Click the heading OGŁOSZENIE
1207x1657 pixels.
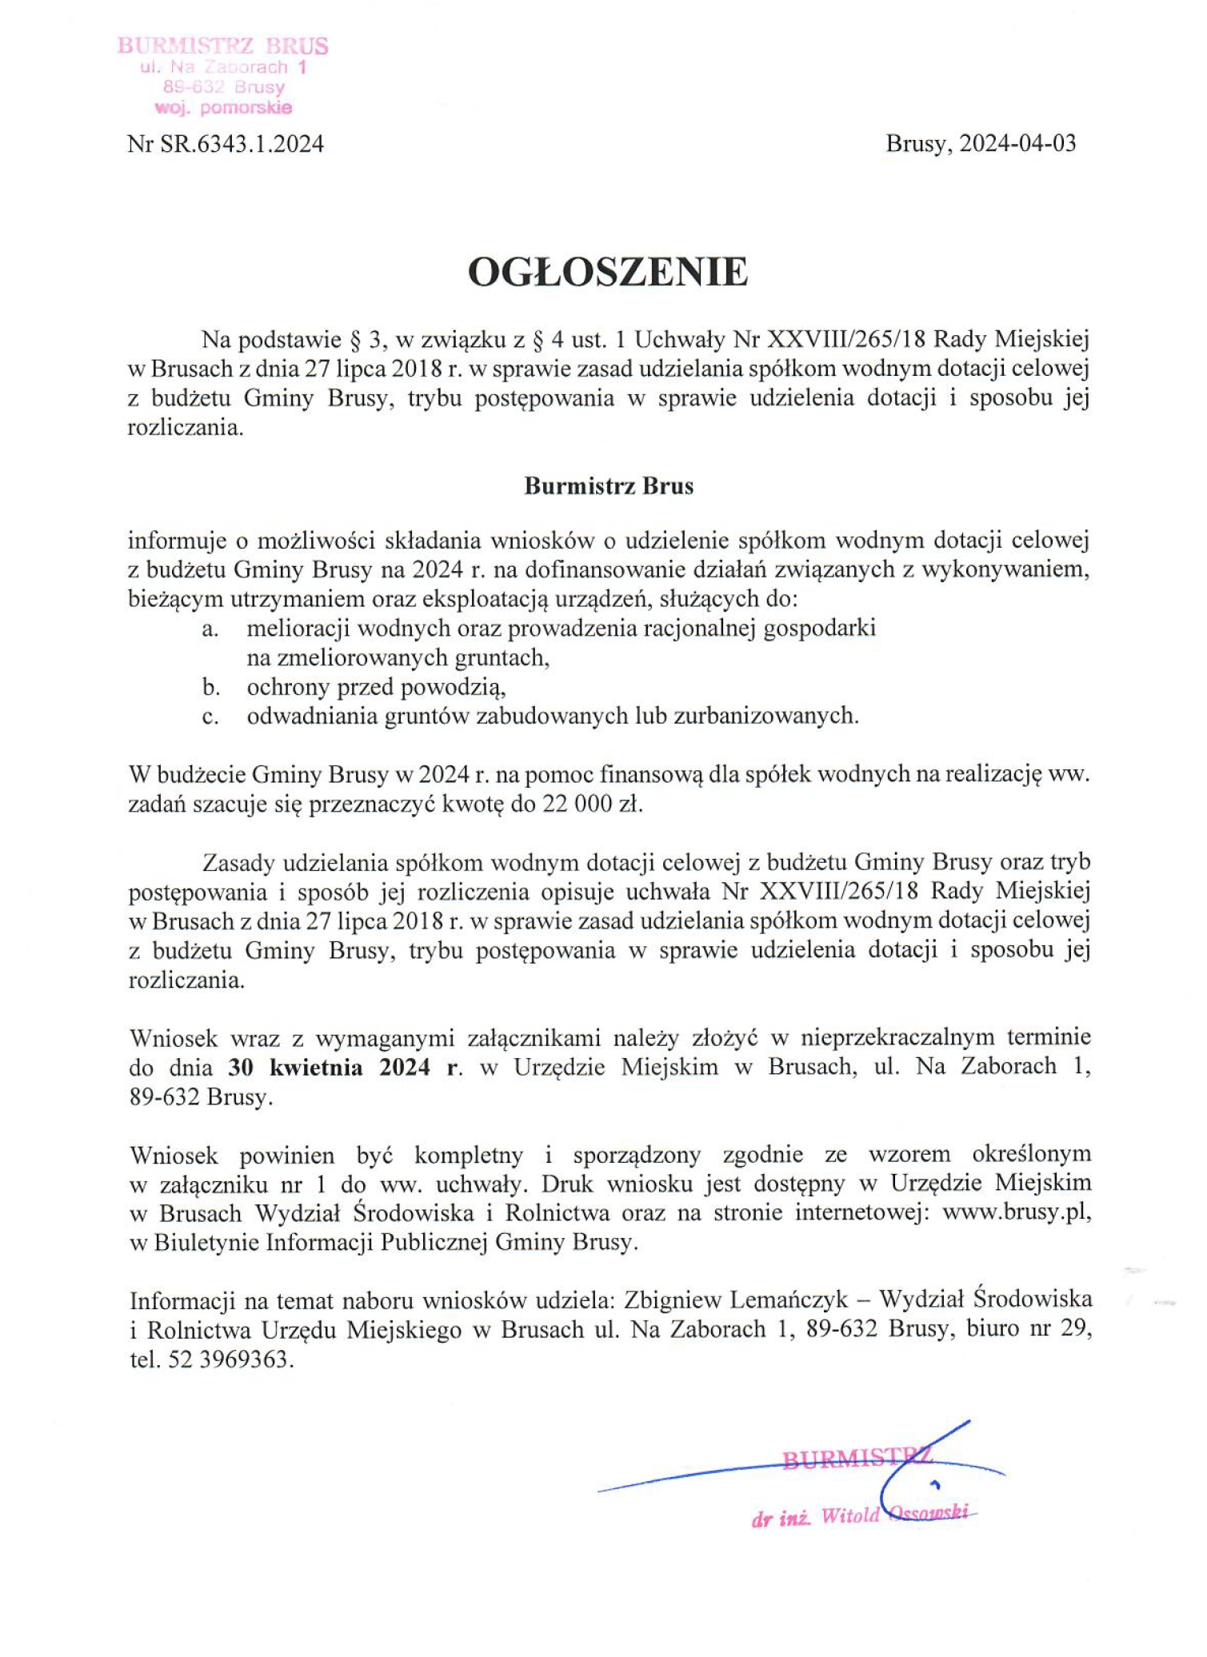608,273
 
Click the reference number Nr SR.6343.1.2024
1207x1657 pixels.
226,144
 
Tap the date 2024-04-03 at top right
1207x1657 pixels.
1018,143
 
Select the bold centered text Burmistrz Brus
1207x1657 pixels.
609,486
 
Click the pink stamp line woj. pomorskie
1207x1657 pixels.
223,107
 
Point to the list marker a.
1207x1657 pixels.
210,629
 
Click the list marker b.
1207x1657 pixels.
210,687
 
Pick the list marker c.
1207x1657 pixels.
210,717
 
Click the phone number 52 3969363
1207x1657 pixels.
230,1360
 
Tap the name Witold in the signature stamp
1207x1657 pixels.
850,1515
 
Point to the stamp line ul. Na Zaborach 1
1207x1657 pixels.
223,67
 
